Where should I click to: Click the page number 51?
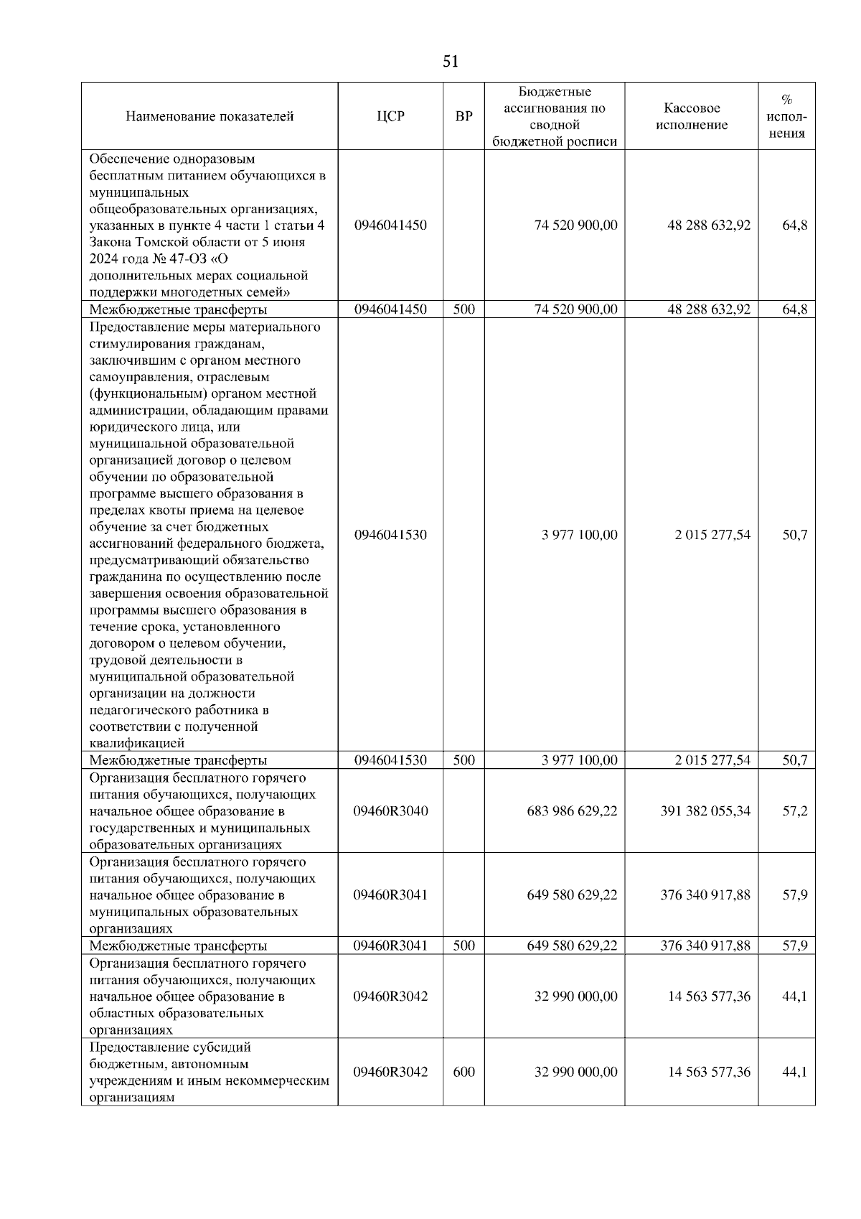(x=451, y=62)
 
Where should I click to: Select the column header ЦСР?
(x=390, y=116)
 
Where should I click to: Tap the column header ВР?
(x=464, y=116)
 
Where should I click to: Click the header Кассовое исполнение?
(x=691, y=116)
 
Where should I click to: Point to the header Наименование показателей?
(x=210, y=116)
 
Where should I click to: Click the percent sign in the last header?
(x=786, y=100)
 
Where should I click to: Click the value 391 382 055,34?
(x=705, y=811)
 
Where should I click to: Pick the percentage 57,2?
(x=794, y=811)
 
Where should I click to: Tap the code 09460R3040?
(x=390, y=811)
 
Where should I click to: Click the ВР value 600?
(x=464, y=1072)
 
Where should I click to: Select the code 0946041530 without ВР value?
(x=390, y=535)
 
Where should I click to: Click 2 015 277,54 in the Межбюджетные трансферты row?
(x=712, y=760)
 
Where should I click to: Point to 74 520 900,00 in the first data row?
(x=575, y=225)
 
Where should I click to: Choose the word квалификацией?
(x=137, y=743)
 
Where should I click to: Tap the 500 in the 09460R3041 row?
(x=464, y=945)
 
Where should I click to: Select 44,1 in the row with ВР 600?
(x=794, y=1072)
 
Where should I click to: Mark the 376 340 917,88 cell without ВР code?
(x=705, y=895)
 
